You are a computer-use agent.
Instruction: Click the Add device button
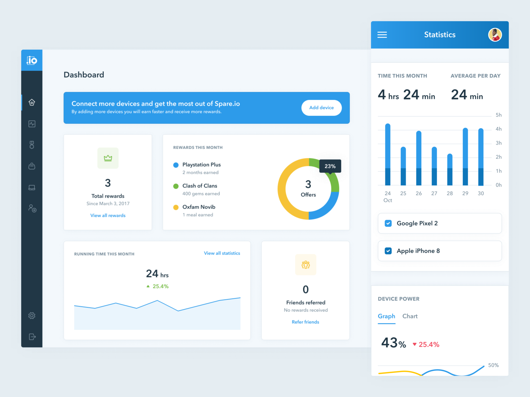click(321, 108)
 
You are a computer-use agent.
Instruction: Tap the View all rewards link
click(108, 215)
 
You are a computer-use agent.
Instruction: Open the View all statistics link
click(222, 253)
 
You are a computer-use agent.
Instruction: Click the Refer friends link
click(305, 322)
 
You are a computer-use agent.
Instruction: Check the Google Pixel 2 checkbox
click(388, 223)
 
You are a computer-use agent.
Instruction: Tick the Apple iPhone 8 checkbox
click(388, 251)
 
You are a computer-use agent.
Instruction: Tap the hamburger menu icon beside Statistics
click(382, 35)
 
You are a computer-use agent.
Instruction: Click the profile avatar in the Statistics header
click(495, 35)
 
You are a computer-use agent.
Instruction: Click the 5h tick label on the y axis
click(499, 115)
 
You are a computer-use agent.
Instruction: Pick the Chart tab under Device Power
click(410, 316)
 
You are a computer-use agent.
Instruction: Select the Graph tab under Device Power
click(387, 316)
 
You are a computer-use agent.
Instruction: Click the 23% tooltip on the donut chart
click(330, 166)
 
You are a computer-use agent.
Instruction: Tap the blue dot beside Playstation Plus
click(176, 165)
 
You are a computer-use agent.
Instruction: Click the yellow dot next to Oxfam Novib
click(176, 207)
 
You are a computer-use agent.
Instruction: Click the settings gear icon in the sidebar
click(32, 316)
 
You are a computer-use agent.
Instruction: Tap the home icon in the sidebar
click(32, 103)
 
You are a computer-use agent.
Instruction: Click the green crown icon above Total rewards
click(108, 158)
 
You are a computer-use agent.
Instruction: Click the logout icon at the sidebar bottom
click(32, 337)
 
